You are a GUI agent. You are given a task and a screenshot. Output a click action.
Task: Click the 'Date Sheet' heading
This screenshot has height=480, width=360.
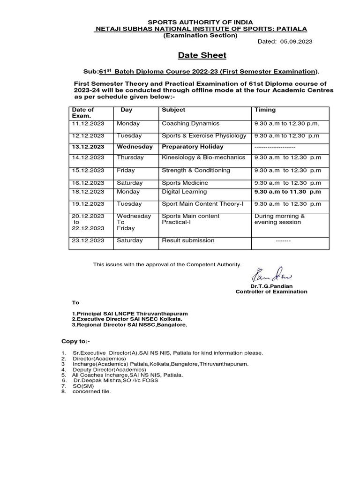click(x=202, y=55)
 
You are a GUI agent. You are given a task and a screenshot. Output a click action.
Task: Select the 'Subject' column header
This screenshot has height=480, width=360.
click(x=173, y=110)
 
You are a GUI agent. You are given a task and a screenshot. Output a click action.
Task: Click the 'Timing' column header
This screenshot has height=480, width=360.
click(x=265, y=110)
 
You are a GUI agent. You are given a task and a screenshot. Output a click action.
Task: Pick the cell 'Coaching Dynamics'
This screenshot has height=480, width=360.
click(x=190, y=124)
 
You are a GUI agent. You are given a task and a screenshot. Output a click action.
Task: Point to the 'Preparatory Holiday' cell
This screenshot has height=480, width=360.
click(x=193, y=147)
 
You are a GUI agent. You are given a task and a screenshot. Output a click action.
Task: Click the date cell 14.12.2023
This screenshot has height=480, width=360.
click(x=88, y=158)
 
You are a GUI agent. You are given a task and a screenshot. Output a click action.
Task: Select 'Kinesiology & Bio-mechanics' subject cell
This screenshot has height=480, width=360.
click(x=203, y=158)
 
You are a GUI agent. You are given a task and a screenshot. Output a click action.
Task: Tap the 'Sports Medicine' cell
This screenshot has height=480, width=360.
click(x=185, y=183)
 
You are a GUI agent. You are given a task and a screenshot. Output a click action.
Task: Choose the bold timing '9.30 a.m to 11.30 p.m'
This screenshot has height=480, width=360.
click(x=287, y=192)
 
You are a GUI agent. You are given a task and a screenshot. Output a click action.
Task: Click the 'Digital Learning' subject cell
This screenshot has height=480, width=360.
click(x=184, y=192)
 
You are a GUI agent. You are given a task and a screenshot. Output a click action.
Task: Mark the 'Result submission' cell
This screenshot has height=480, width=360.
click(x=188, y=240)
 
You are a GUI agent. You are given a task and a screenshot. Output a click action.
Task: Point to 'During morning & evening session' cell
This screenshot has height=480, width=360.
click(x=279, y=219)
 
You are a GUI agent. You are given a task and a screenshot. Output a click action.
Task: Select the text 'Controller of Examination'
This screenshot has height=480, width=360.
click(x=271, y=292)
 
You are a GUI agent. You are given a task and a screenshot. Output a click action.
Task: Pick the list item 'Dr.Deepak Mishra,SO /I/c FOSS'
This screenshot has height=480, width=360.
click(x=116, y=381)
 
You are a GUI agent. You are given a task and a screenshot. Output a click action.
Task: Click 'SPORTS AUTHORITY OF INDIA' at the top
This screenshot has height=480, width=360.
click(x=200, y=22)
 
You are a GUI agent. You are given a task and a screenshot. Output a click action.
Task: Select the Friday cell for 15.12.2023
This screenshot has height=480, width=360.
click(x=126, y=171)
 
